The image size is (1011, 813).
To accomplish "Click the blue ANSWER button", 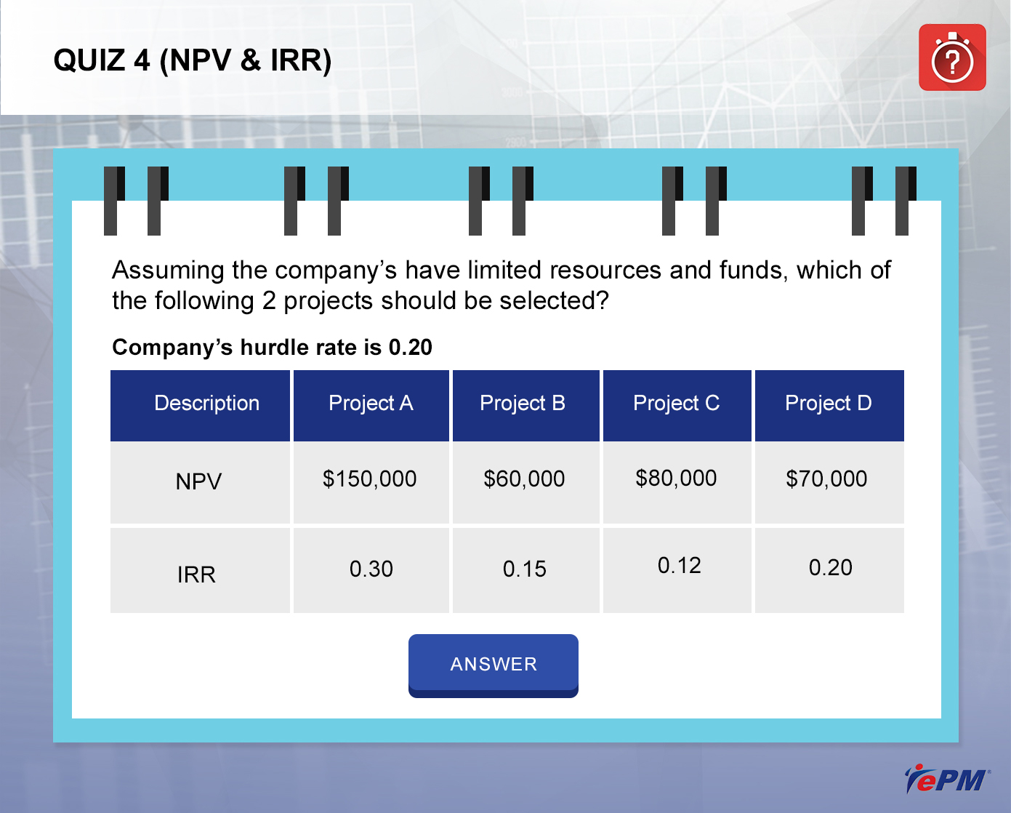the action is point(494,665).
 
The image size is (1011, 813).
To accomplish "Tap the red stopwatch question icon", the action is point(952,57).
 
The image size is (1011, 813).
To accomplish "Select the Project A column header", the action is point(371,405).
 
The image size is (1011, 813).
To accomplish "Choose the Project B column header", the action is point(525,405).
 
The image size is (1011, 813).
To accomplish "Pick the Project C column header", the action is point(677,405).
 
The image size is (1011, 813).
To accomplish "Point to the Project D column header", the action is point(829,405).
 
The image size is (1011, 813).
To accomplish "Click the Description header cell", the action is point(200,405).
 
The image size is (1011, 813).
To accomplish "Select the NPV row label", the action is point(198,481).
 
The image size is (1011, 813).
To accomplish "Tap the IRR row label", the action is point(196,574).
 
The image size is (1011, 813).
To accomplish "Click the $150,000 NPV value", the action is point(370,478).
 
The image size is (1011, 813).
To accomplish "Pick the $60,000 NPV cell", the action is point(524,478).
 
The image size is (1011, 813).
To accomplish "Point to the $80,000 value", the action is point(676,478).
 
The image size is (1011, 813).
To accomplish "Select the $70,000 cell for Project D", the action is point(826,478).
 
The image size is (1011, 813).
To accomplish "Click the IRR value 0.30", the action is point(371,569).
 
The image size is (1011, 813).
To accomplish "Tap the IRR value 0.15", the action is point(525,569).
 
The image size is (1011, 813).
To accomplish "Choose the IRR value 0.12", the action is point(680,565).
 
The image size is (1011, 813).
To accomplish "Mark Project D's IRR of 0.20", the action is point(831,567).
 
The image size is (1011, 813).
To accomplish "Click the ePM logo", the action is point(947,779).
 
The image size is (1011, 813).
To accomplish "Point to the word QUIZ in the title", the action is point(89,60).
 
